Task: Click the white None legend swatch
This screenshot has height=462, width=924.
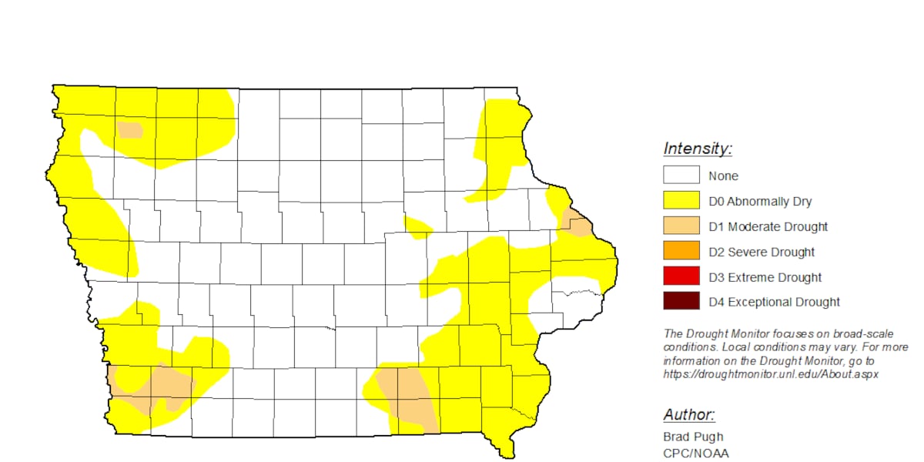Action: pos(681,176)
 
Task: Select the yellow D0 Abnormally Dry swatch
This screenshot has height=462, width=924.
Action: pos(681,201)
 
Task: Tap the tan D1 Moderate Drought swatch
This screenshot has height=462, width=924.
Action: pos(681,226)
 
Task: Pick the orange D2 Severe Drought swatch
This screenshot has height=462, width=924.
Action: pos(681,251)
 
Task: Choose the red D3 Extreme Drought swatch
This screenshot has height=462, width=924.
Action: pos(681,276)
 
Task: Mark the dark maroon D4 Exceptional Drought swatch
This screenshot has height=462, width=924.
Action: pos(681,302)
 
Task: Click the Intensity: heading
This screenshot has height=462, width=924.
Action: pos(698,149)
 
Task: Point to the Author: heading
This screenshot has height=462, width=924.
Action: pos(689,415)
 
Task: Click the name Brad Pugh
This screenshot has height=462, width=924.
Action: pos(691,437)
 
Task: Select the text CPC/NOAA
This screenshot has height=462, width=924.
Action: pos(695,453)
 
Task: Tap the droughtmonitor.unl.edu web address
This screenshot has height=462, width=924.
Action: pos(771,374)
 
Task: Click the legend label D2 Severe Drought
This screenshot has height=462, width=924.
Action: pos(762,252)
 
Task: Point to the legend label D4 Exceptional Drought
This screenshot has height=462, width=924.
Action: pos(774,302)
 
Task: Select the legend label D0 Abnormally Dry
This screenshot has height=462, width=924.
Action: pos(760,202)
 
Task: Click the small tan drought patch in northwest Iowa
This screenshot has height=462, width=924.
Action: pos(130,129)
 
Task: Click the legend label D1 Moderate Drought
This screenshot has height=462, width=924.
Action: pos(768,226)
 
